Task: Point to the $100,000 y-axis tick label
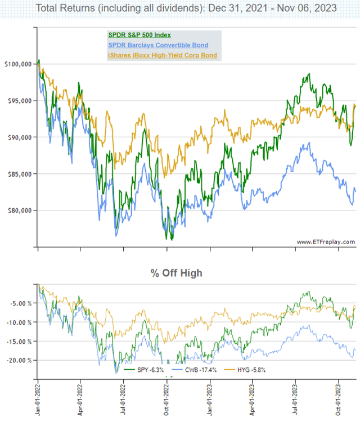[18, 64]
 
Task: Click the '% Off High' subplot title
[176, 273]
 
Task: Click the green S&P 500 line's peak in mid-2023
[308, 74]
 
